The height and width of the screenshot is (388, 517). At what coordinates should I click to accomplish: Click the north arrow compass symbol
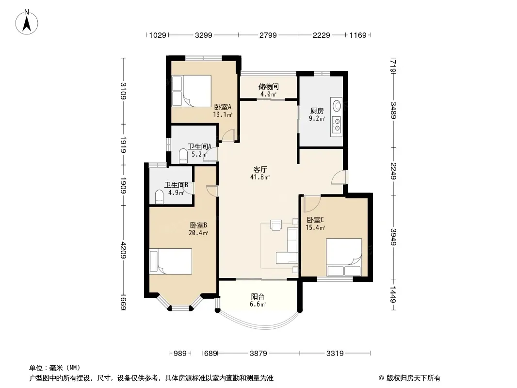click(27, 22)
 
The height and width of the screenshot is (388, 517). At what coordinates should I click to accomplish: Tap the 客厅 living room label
click(260, 169)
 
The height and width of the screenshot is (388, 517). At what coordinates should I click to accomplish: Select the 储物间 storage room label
click(269, 86)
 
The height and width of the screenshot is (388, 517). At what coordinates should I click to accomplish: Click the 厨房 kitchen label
click(317, 111)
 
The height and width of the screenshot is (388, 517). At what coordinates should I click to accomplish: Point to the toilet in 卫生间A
click(183, 156)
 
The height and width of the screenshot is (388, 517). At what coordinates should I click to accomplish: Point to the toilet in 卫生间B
click(159, 196)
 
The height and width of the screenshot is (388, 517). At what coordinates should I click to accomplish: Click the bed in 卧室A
click(191, 91)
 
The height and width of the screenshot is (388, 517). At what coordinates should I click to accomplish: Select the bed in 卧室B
click(170, 261)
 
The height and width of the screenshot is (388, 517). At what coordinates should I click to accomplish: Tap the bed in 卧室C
click(344, 257)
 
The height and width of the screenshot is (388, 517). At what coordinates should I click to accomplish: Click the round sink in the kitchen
click(337, 106)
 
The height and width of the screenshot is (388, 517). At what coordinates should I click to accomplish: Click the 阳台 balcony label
click(258, 296)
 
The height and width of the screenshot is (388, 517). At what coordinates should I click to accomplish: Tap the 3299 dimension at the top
click(203, 35)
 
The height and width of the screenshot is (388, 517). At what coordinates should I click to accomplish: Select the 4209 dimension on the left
click(123, 250)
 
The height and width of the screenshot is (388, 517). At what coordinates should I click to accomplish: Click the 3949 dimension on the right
click(393, 237)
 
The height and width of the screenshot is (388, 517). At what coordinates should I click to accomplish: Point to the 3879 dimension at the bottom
click(258, 354)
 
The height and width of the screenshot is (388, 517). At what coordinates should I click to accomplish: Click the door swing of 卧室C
click(312, 204)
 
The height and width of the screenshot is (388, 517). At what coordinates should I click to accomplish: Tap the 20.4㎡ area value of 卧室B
click(198, 233)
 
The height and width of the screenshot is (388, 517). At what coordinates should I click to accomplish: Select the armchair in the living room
click(275, 225)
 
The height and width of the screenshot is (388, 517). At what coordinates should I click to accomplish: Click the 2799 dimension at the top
click(268, 35)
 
